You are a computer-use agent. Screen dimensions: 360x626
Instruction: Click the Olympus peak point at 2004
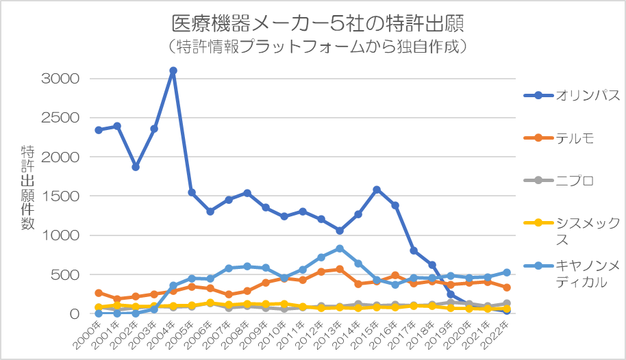coord(173,70)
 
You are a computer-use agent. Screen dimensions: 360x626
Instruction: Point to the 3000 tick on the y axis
coord(61,79)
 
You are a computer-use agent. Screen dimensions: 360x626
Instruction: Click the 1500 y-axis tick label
coord(62,196)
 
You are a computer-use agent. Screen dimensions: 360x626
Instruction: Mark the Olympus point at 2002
coord(136,167)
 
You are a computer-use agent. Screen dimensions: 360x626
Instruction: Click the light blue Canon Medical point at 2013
coord(340,248)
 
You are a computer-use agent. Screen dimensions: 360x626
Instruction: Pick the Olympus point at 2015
coord(377,190)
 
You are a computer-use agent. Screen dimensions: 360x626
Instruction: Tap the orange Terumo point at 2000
coord(99,293)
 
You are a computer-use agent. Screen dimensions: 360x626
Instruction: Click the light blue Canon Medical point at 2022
coord(506,272)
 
